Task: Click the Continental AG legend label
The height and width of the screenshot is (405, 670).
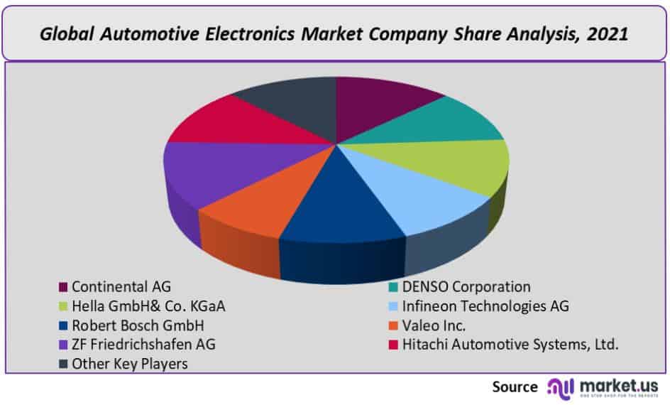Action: coord(121,287)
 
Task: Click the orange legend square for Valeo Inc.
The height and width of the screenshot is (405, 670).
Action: coord(394,326)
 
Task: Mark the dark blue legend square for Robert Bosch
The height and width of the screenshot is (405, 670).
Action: coord(63,326)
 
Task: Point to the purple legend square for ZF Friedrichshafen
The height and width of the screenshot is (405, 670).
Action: coord(63,345)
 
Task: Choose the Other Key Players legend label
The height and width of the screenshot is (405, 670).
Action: coord(129,364)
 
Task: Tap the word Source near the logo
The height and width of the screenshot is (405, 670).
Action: coord(515,387)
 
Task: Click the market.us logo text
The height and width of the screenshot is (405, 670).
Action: coord(619,386)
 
